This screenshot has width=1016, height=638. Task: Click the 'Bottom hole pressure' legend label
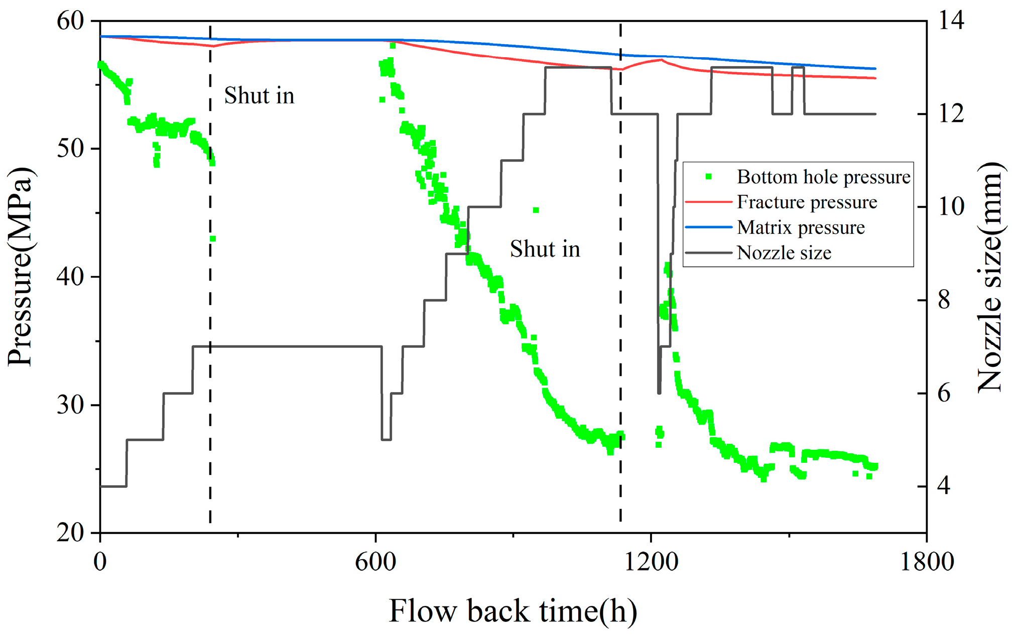(823, 177)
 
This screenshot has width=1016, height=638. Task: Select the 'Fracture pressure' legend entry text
(807, 202)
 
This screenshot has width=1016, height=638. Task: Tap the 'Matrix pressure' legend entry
(801, 227)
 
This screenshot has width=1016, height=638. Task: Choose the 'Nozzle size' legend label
(784, 252)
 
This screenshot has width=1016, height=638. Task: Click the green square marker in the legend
(708, 177)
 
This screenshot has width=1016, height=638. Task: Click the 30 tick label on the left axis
(70, 405)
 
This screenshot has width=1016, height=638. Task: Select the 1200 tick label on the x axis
(651, 561)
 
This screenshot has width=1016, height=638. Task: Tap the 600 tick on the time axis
(375, 561)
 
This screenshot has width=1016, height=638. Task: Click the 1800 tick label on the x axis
(927, 561)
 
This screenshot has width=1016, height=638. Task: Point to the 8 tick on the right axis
(944, 300)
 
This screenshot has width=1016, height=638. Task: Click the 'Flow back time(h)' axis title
(513, 611)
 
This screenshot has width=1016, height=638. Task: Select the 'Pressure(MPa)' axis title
(21, 267)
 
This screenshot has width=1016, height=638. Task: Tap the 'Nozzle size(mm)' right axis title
(990, 277)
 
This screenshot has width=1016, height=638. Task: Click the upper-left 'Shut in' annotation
(259, 95)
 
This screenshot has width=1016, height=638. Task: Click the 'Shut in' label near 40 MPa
(545, 249)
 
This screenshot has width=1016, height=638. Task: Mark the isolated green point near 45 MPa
(536, 210)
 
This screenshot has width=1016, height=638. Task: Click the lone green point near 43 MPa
(213, 239)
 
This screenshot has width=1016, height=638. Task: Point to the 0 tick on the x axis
(100, 561)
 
